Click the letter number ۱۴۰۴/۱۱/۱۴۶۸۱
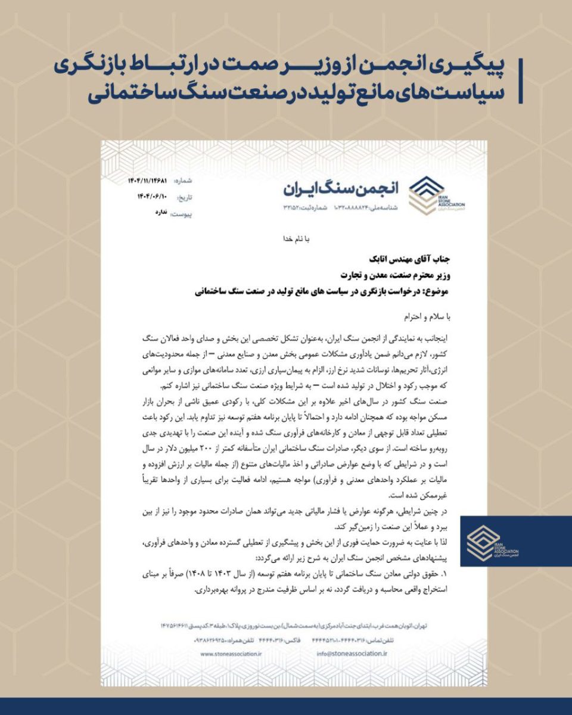[147, 180]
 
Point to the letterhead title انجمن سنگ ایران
[339, 188]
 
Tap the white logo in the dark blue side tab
[483, 542]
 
